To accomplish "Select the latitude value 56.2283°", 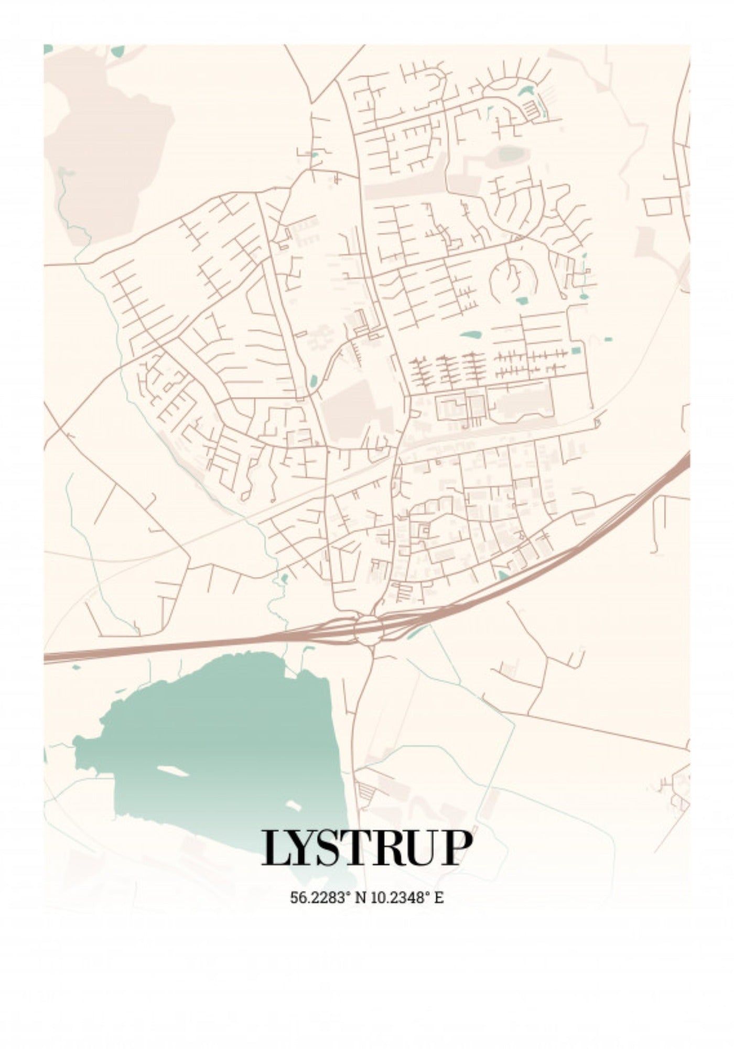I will click(320, 897).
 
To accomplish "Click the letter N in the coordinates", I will click(361, 897).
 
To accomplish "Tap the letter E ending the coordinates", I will click(439, 897).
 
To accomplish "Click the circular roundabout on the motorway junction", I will click(370, 628).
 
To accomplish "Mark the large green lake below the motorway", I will click(220, 734).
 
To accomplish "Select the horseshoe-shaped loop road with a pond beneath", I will click(513, 278).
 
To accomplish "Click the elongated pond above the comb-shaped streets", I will click(470, 335).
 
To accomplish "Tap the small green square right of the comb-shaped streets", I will click(577, 350).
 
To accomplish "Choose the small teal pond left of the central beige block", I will click(314, 380).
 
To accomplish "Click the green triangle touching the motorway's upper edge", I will click(503, 575).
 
